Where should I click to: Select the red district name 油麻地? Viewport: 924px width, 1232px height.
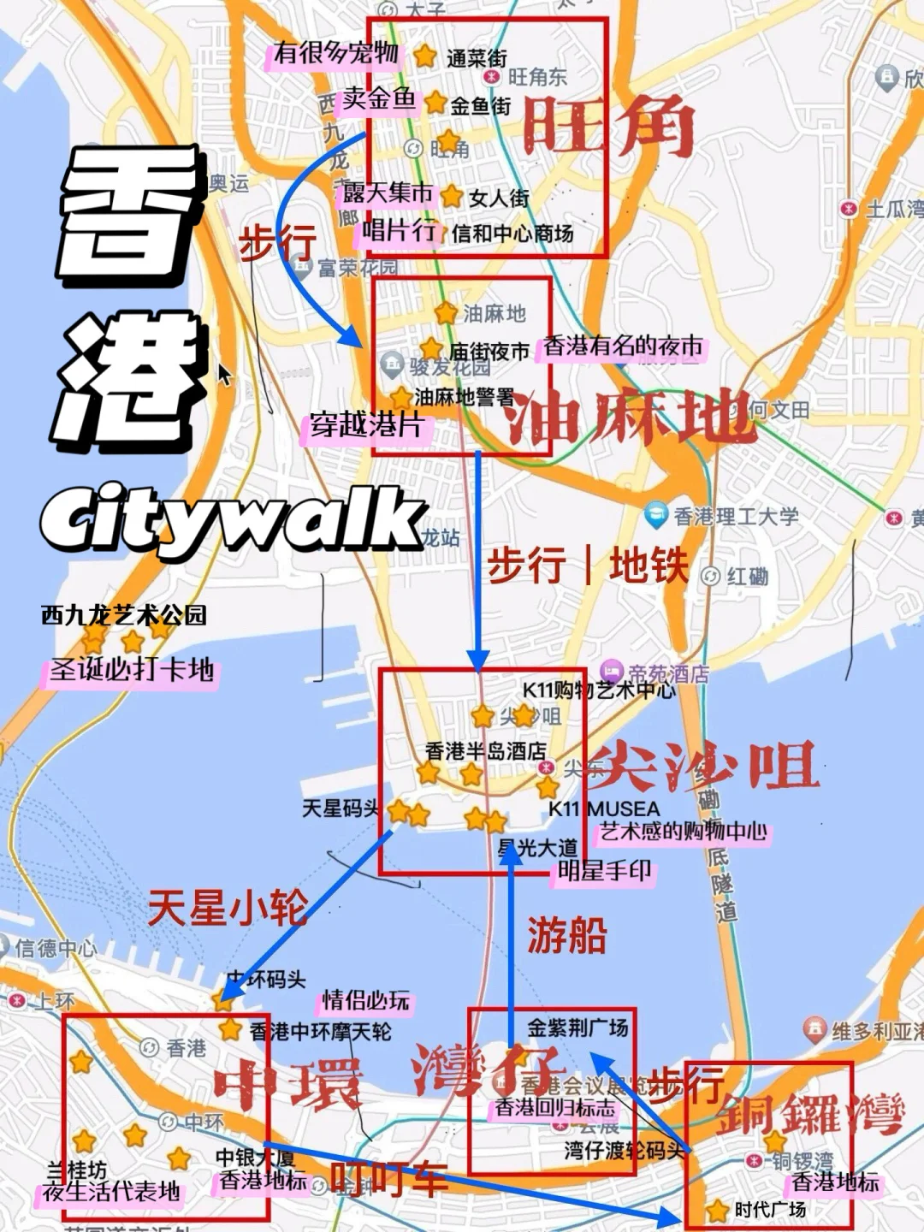point(629,418)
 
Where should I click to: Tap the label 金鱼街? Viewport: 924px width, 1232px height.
point(480,106)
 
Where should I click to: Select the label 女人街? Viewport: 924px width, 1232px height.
point(499,198)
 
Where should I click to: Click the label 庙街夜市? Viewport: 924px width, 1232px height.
point(489,352)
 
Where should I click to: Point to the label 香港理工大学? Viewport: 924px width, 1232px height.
point(736,516)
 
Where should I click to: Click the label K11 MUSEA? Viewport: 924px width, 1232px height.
point(604,808)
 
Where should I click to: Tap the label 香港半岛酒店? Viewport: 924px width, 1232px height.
point(485,750)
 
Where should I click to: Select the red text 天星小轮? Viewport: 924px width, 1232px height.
point(228,907)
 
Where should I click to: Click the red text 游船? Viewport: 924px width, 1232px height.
point(566,934)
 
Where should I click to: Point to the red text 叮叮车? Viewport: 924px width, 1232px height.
point(389,1179)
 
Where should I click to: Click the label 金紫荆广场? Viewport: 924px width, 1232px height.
point(577,1027)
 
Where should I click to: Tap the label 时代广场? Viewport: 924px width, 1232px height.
point(770,1209)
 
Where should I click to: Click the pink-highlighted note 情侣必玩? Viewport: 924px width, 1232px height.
point(366,1000)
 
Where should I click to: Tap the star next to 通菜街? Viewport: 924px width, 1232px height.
point(425,56)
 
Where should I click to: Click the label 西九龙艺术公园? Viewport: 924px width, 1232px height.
point(124,614)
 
